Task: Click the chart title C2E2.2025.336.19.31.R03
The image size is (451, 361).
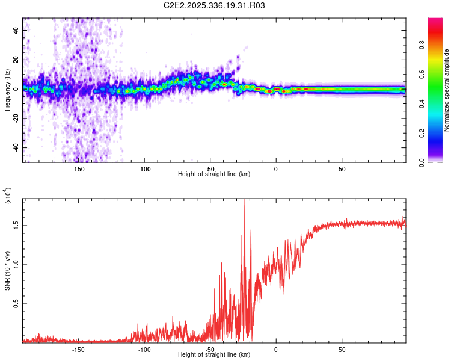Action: (215, 6)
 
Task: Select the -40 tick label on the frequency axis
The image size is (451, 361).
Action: (15, 148)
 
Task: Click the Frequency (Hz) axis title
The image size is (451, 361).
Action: (8, 90)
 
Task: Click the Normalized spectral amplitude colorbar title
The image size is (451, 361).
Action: (446, 90)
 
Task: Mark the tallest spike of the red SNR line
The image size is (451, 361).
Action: (244, 201)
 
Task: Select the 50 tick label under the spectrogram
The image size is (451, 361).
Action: (342, 168)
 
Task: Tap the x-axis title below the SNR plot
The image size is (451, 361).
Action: (214, 356)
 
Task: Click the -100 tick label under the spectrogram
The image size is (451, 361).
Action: (144, 168)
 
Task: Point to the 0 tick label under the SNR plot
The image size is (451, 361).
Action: (276, 349)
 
